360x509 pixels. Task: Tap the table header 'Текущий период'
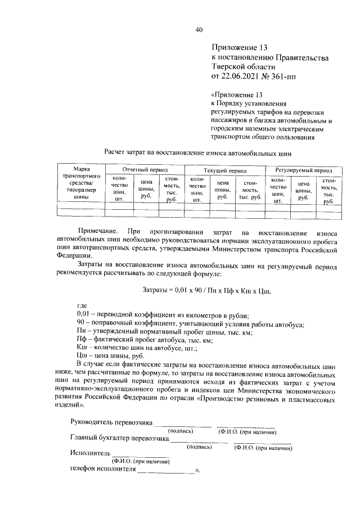coord(225,169)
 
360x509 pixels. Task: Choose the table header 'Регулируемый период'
coord(304,169)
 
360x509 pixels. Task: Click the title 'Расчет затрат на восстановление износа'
coord(200,152)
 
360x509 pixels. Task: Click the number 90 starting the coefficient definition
coord(80,323)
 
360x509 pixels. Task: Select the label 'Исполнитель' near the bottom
coord(89,453)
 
